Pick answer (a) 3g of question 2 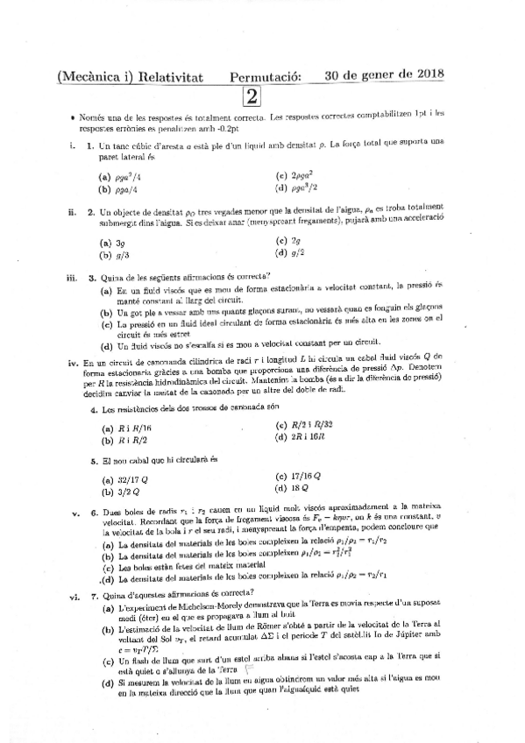(110, 243)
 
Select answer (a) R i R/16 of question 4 (121, 428)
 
